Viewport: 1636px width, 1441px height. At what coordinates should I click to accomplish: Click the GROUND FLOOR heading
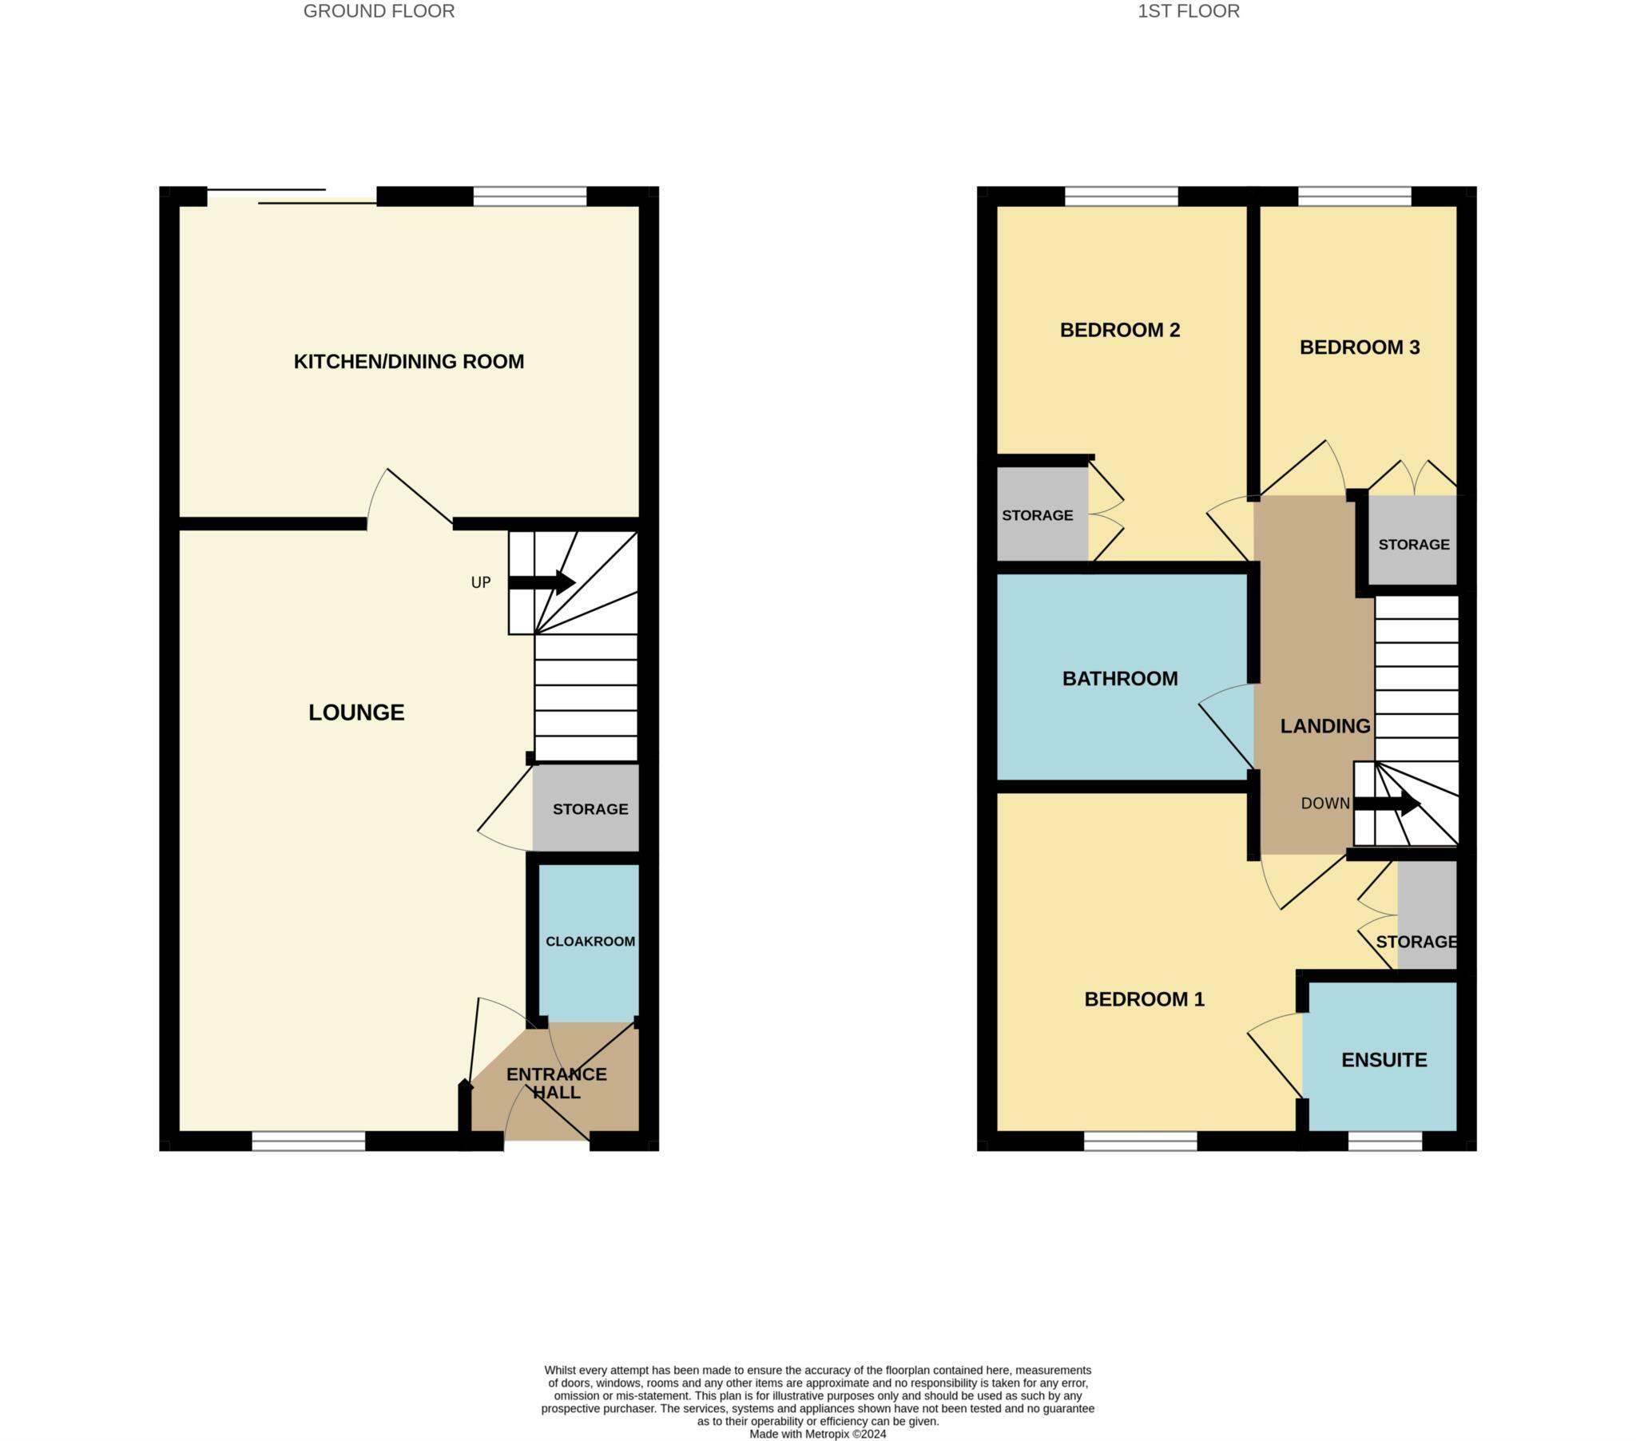point(379,11)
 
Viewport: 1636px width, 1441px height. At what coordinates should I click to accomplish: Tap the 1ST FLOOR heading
point(1189,11)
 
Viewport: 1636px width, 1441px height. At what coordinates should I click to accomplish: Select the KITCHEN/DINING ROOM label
point(408,362)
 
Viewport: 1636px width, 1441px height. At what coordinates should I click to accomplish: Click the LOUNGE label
point(356,713)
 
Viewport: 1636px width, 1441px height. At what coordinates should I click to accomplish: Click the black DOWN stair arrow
point(1387,803)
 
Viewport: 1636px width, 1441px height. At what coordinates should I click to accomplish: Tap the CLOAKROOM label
point(590,942)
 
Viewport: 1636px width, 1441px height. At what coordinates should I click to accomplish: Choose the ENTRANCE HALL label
point(556,1083)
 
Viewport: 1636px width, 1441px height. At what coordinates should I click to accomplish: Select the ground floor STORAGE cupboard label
point(590,809)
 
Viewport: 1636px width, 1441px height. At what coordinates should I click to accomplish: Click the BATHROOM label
point(1120,679)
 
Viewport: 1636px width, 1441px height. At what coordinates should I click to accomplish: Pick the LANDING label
point(1325,726)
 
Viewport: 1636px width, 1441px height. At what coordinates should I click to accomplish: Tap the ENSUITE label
point(1384,1060)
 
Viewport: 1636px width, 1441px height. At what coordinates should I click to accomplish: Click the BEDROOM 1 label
point(1144,999)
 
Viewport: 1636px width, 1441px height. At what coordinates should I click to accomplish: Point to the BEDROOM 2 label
point(1120,330)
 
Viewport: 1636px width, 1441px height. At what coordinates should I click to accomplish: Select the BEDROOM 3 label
point(1359,347)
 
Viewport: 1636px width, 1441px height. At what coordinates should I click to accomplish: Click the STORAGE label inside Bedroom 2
point(1038,515)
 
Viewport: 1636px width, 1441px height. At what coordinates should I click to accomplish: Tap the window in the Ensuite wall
point(1384,1141)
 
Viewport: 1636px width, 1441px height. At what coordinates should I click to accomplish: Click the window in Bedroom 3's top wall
point(1354,196)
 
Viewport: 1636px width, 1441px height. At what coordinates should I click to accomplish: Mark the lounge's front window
point(308,1141)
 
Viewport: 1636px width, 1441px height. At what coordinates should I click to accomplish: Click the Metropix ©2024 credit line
point(817,1434)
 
